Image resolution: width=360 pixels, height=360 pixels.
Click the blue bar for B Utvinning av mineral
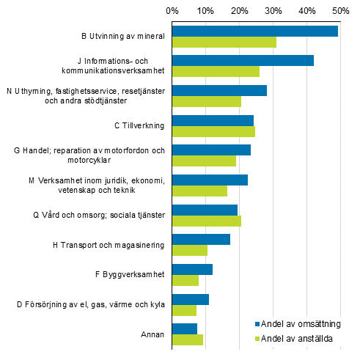coord(255,31)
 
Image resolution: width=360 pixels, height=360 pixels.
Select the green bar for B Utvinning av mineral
coord(224,42)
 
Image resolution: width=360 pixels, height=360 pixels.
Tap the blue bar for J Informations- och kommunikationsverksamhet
coord(243,60)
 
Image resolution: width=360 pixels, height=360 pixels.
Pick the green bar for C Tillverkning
coord(213,131)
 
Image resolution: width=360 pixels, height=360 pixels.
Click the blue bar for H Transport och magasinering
coord(201,239)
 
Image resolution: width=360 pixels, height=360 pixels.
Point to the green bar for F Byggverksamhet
coord(185,280)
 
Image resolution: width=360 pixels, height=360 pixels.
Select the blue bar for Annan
coord(185,328)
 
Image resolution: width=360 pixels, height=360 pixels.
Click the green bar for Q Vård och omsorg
coord(207,221)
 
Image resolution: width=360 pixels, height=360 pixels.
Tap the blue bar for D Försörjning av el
coord(191,299)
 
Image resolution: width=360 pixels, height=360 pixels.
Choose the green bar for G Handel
coord(204,161)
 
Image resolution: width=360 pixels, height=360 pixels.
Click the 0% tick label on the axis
coord(172,10)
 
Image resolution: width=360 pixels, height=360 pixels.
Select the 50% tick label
coord(339,10)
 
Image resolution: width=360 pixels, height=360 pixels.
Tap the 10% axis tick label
coord(206,10)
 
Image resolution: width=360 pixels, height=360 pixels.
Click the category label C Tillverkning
coord(139,125)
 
